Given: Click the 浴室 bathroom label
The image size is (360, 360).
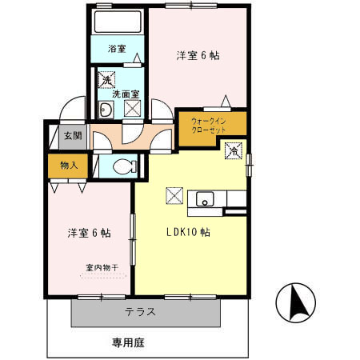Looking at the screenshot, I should pos(117,49).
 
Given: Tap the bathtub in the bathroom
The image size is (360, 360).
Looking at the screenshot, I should pos(117,22).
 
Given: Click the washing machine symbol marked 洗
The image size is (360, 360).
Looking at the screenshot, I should pos(106,79).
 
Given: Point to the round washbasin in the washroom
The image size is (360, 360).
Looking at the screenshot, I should pos(105,110).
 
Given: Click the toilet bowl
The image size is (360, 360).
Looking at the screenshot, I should pos(122,166).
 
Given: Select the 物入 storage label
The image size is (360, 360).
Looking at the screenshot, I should pos(68,166).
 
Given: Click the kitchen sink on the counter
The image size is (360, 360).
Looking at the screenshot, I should pos(205,200).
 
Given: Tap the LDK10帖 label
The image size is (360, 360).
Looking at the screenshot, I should pos(188,233).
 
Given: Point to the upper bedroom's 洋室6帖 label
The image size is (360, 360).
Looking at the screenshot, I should pos(198,56).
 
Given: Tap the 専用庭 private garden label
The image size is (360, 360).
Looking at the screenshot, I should pos(129,342).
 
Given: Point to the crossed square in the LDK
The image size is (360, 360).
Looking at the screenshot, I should pos(174,195).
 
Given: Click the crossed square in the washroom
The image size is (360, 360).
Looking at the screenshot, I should pos(132,108).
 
